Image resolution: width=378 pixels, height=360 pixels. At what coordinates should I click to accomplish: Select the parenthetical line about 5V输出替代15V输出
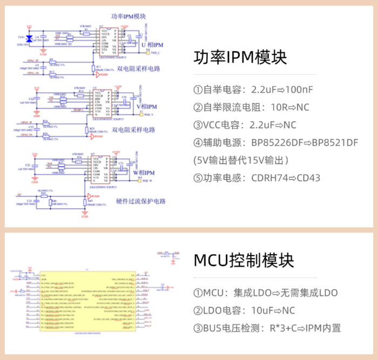[241, 160]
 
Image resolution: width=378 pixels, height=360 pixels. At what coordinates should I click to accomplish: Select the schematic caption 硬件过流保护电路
[141, 201]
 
